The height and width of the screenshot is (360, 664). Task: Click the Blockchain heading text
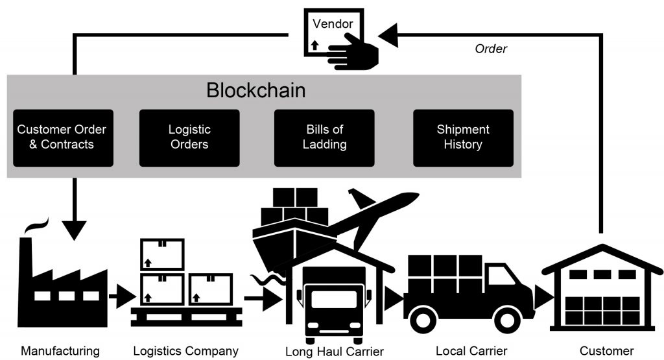pyautogui.click(x=255, y=90)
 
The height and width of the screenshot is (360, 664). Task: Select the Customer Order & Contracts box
pyautogui.click(x=62, y=137)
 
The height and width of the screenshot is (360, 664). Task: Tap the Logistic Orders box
pyautogui.click(x=189, y=137)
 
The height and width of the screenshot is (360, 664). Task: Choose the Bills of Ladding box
pyautogui.click(x=324, y=137)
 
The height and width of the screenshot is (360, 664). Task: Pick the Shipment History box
pyautogui.click(x=463, y=137)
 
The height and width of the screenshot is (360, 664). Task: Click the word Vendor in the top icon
pyautogui.click(x=333, y=24)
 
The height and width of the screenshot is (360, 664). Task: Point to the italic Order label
pyautogui.click(x=491, y=49)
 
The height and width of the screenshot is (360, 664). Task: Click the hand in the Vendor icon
pyautogui.click(x=355, y=49)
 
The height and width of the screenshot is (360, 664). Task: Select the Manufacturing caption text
pyautogui.click(x=60, y=351)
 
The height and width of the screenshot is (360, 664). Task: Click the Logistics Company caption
pyautogui.click(x=185, y=351)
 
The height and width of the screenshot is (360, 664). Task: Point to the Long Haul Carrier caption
pyautogui.click(x=335, y=352)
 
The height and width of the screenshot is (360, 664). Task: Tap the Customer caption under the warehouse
pyautogui.click(x=606, y=351)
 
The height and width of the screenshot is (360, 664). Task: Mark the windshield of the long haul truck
pyautogui.click(x=334, y=299)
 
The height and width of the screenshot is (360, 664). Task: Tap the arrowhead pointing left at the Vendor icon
pyautogui.click(x=388, y=35)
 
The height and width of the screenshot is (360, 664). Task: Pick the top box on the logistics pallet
pyautogui.click(x=162, y=254)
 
